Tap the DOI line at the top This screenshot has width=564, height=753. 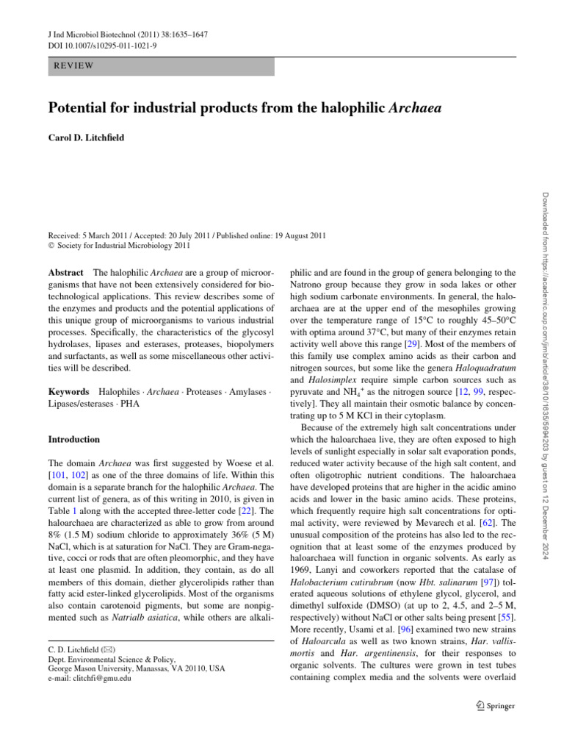pyautogui.click(x=93, y=46)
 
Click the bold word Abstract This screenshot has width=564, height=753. pyautogui.click(x=65, y=271)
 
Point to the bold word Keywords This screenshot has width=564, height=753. pyautogui.click(x=68, y=392)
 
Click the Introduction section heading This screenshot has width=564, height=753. pyautogui.click(x=74, y=439)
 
